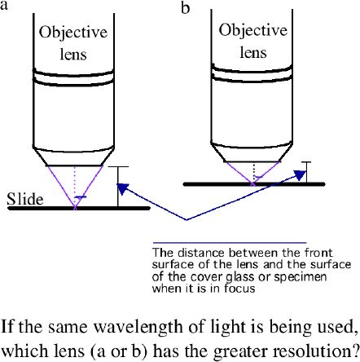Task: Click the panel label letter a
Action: click(4, 6)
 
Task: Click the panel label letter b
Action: click(186, 7)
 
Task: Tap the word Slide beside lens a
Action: click(25, 199)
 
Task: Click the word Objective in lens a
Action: click(73, 33)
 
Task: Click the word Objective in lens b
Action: click(253, 30)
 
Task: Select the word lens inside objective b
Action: click(253, 52)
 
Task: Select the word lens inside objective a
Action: click(73, 54)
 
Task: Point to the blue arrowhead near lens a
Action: click(122, 188)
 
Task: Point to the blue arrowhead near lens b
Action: click(301, 175)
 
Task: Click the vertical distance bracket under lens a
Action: click(118, 187)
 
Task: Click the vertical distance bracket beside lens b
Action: click(306, 173)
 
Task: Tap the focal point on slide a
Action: click(75, 208)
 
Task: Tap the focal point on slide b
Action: click(253, 184)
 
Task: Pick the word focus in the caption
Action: click(239, 288)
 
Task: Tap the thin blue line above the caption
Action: click(230, 242)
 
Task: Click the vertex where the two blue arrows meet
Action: click(187, 219)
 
